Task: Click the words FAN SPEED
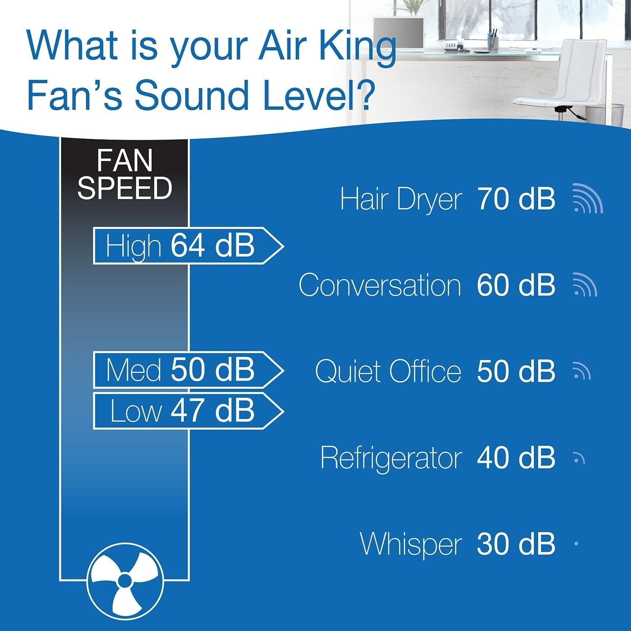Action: click(x=125, y=175)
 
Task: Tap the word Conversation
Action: click(x=380, y=285)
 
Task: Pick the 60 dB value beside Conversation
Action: click(x=516, y=285)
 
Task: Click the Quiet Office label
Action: click(x=388, y=371)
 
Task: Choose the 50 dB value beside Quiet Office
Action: click(x=516, y=371)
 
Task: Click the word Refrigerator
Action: click(x=391, y=458)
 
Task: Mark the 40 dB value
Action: click(x=516, y=458)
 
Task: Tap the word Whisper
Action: click(x=411, y=544)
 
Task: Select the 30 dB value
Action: click(x=516, y=544)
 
